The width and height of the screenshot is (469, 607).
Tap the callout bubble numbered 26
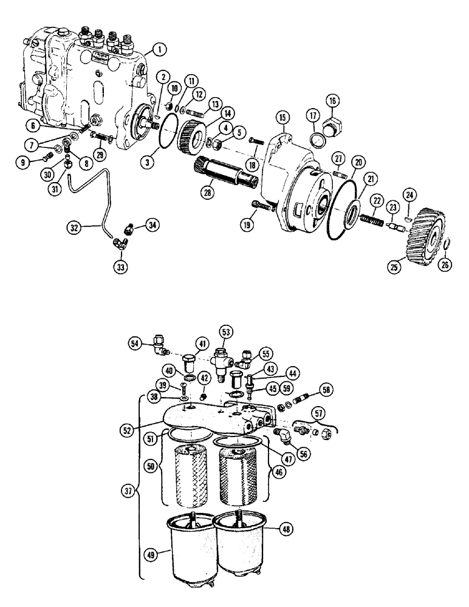tap(446, 265)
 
